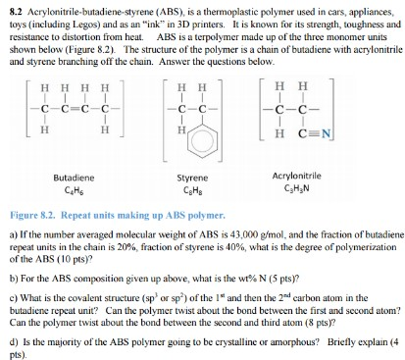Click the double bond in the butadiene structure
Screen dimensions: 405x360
click(68, 109)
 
